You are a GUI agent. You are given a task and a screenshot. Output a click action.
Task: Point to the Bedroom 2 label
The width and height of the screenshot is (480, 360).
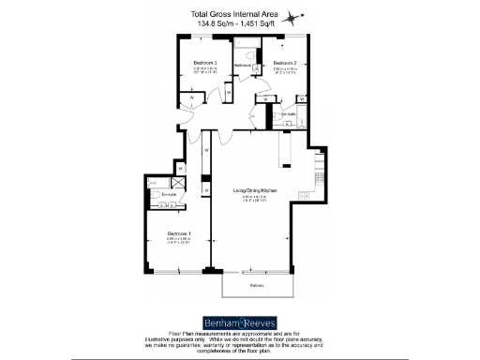285,63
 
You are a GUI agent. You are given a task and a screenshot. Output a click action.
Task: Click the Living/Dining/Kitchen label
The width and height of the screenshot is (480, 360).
254,188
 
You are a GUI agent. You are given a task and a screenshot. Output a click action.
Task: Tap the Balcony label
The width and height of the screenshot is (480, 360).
256,285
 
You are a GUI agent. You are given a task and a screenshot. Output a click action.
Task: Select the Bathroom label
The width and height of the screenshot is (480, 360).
243,66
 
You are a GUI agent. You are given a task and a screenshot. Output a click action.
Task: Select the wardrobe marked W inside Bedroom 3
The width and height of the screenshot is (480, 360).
190,97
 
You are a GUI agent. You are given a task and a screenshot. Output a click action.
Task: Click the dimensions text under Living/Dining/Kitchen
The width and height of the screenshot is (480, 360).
254,196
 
